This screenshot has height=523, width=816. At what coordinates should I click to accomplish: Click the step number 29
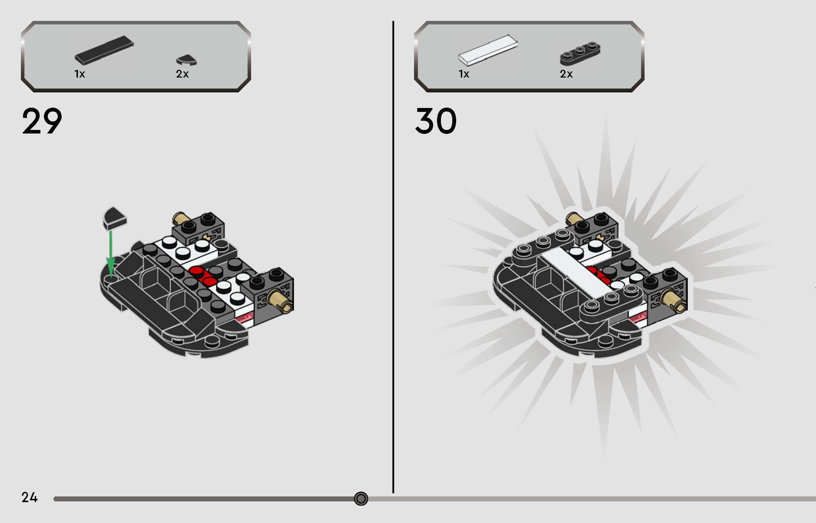42,121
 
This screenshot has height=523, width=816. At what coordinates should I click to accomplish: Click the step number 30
436,121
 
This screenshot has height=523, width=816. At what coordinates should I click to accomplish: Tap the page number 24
29,498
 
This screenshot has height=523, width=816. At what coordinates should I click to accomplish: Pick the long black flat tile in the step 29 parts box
104,50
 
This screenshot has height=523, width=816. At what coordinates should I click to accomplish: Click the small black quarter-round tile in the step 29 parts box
186,60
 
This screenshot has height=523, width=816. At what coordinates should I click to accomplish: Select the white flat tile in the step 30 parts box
488,50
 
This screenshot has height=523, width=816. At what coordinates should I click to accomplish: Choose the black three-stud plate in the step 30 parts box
580,53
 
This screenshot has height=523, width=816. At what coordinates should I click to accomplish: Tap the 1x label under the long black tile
80,74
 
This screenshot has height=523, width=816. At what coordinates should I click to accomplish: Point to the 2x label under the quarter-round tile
182,74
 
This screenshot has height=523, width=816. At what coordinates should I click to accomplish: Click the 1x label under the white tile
464,74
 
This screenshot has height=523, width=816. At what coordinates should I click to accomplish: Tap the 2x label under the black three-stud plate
566,74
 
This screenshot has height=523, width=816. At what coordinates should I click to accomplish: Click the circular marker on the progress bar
361,499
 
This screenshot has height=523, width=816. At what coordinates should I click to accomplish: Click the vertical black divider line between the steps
393,257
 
